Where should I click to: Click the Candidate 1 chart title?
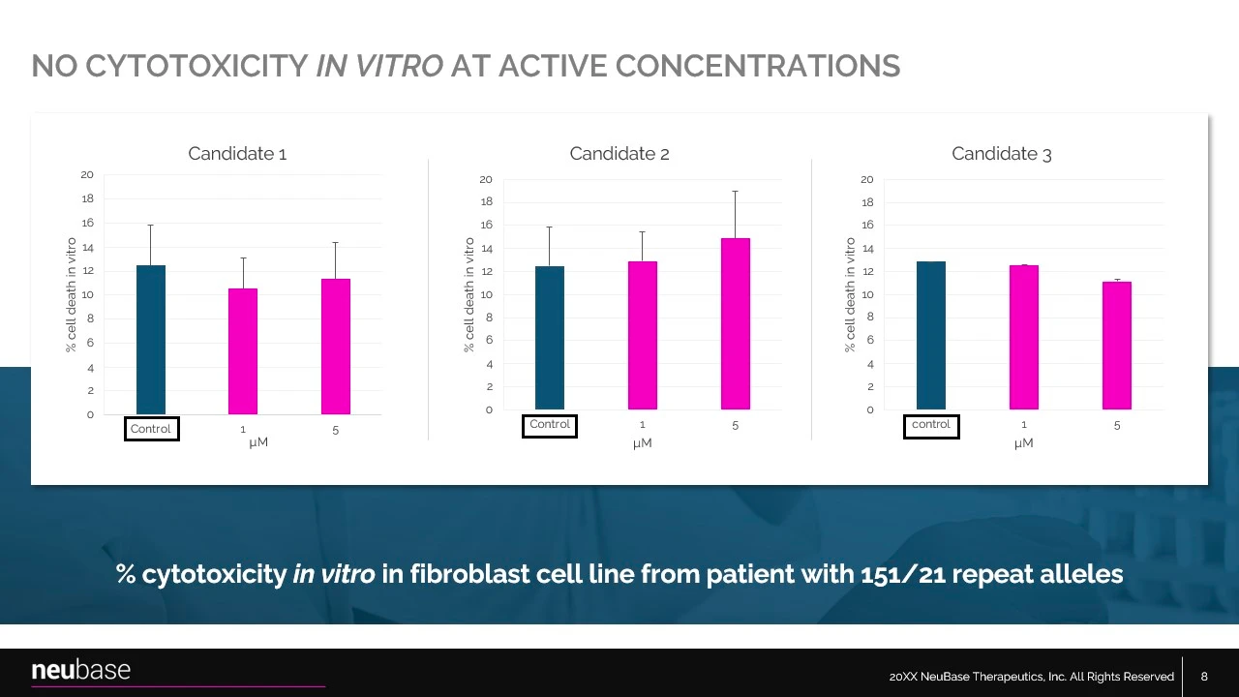pyautogui.click(x=237, y=154)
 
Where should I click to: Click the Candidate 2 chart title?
pyautogui.click(x=619, y=154)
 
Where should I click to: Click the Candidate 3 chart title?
pyautogui.click(x=1001, y=154)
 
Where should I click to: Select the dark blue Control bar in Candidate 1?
pyautogui.click(x=151, y=340)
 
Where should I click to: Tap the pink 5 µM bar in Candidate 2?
pyautogui.click(x=736, y=324)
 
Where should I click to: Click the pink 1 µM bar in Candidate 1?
pyautogui.click(x=243, y=351)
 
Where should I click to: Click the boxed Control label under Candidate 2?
pyautogui.click(x=550, y=425)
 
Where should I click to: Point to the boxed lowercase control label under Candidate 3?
pyautogui.click(x=931, y=425)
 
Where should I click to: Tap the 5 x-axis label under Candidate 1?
pyautogui.click(x=336, y=431)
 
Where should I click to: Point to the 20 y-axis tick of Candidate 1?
pyautogui.click(x=87, y=175)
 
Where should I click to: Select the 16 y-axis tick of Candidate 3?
pyautogui.click(x=867, y=226)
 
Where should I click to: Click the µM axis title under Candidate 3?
pyautogui.click(x=1024, y=443)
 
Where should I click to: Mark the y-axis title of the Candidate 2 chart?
pyautogui.click(x=469, y=295)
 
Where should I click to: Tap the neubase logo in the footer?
pyautogui.click(x=81, y=670)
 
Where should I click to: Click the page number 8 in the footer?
pyautogui.click(x=1204, y=677)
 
